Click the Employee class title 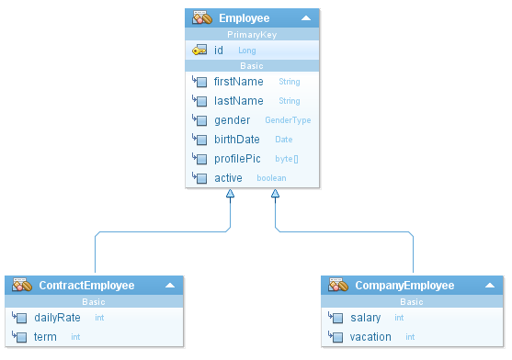pyautogui.click(x=244, y=18)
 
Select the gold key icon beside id pyautogui.click(x=199, y=50)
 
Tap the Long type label pyautogui.click(x=247, y=51)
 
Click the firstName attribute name pyautogui.click(x=238, y=82)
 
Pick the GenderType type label pyautogui.click(x=288, y=120)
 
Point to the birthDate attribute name pyautogui.click(x=237, y=140)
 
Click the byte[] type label pyautogui.click(x=287, y=159)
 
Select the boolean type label pyautogui.click(x=271, y=178)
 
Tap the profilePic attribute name pyautogui.click(x=237, y=159)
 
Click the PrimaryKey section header pyautogui.click(x=252, y=35)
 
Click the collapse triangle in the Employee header pyautogui.click(x=306, y=18)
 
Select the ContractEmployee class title pyautogui.click(x=86, y=286)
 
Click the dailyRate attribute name pyautogui.click(x=57, y=318)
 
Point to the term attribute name pyautogui.click(x=45, y=337)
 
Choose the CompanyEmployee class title pyautogui.click(x=404, y=286)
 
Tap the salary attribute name pyautogui.click(x=366, y=318)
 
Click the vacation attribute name pyautogui.click(x=370, y=337)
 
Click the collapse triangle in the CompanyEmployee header pyautogui.click(x=490, y=286)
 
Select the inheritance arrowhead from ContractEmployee pyautogui.click(x=230, y=194)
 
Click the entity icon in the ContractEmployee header pyautogui.click(x=22, y=285)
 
